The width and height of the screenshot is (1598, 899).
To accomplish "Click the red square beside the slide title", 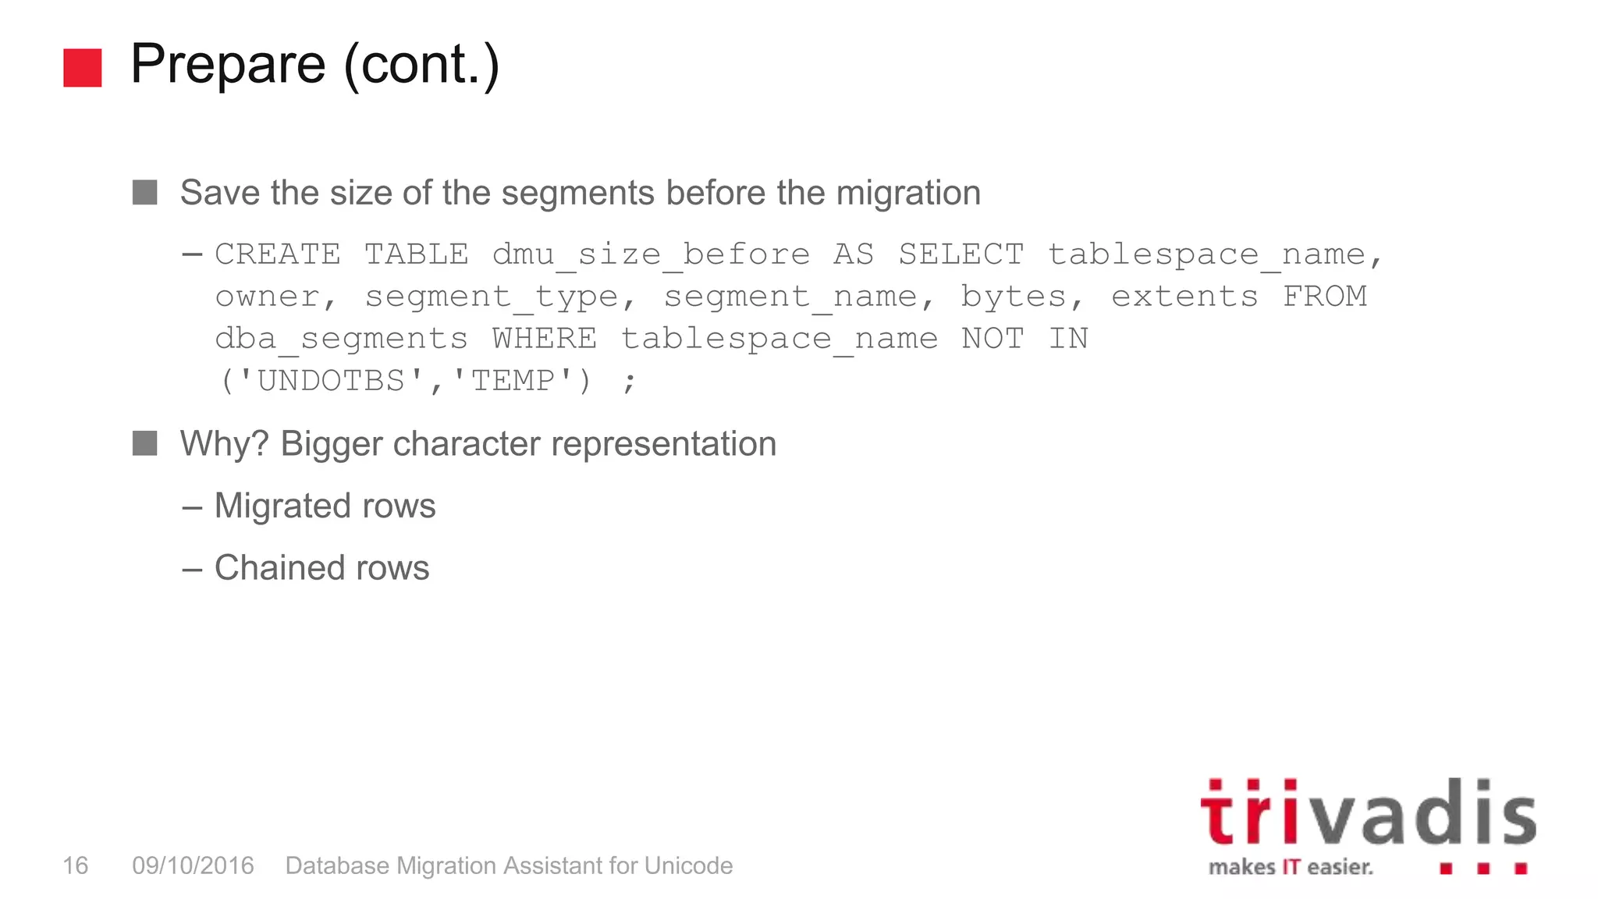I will pyautogui.click(x=83, y=68).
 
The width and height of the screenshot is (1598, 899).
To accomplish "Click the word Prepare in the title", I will pyautogui.click(x=228, y=64).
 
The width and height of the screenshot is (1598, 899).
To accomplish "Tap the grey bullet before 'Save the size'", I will pyautogui.click(x=145, y=192).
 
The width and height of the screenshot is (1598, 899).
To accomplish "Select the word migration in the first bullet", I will pyautogui.click(x=908, y=193).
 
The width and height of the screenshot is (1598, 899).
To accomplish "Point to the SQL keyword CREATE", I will pyautogui.click(x=278, y=254).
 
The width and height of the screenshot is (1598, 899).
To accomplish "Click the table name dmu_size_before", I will pyautogui.click(x=651, y=254).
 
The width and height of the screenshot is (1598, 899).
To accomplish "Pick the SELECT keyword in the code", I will pyautogui.click(x=961, y=254).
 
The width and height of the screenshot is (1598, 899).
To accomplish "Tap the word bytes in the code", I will pyautogui.click(x=1013, y=297).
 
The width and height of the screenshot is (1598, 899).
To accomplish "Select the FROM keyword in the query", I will pyautogui.click(x=1325, y=297).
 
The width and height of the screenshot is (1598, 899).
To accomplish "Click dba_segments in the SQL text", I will pyautogui.click(x=341, y=339).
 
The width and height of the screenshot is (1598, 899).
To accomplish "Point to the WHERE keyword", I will pyautogui.click(x=544, y=339).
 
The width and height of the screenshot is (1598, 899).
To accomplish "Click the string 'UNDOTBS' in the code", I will pyautogui.click(x=331, y=381).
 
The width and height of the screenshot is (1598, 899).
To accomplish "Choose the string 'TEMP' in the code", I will pyautogui.click(x=513, y=381).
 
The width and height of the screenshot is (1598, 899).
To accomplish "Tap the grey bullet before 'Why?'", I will pyautogui.click(x=145, y=443).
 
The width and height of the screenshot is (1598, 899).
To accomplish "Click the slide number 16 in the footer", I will pyautogui.click(x=75, y=865).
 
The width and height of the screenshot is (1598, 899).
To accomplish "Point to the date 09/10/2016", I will pyautogui.click(x=193, y=865).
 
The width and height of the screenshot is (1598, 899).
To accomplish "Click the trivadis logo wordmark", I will pyautogui.click(x=1367, y=813).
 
